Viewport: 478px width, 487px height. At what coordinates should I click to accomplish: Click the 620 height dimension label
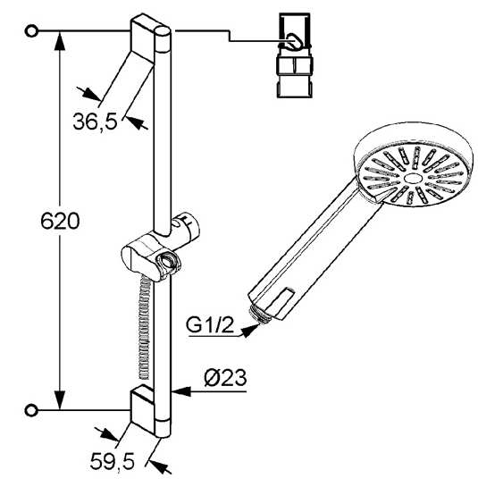tap(60, 221)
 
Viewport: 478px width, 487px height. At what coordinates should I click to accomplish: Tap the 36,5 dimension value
tap(96, 122)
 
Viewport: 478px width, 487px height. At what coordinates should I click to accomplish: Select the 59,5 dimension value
tap(112, 461)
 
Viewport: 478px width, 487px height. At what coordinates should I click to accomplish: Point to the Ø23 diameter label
tap(225, 378)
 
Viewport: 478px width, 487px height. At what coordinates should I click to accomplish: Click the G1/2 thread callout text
tap(210, 325)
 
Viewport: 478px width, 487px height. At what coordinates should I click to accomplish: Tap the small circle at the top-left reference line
tap(31, 31)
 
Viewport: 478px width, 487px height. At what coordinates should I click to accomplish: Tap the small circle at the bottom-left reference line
tap(31, 410)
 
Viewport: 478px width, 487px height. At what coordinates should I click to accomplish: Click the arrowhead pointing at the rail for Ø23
tap(180, 391)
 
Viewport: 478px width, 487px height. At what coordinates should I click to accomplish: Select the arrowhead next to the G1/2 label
tap(250, 330)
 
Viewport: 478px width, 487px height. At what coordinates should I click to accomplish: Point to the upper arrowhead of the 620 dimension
tap(60, 41)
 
